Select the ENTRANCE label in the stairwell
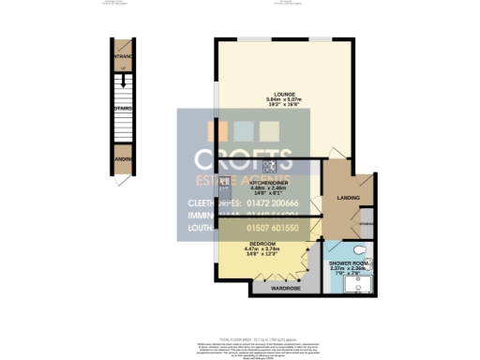point(123,56)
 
